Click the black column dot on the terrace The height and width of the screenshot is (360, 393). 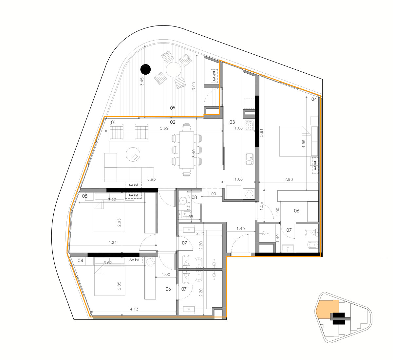[x=145, y=69]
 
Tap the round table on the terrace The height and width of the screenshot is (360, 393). [x=173, y=69]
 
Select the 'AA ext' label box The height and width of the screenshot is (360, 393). [x=214, y=76]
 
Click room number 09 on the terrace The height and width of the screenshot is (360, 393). [x=173, y=108]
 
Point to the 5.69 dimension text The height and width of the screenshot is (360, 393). [x=164, y=128]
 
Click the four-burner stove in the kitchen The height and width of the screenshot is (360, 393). [x=249, y=126]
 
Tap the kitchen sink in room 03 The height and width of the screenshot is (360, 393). [x=250, y=159]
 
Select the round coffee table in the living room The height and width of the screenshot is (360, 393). [x=133, y=154]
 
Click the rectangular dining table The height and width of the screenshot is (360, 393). [x=187, y=150]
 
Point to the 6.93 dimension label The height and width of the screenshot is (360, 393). [x=151, y=179]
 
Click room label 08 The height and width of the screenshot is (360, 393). [x=194, y=197]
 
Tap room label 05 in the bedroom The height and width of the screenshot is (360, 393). [x=84, y=196]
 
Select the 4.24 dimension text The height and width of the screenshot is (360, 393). [x=112, y=242]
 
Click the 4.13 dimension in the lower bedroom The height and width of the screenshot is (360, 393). [x=134, y=309]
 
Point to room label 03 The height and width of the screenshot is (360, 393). [x=232, y=122]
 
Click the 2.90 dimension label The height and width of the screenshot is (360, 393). [x=289, y=179]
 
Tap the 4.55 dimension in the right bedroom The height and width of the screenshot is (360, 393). [x=304, y=144]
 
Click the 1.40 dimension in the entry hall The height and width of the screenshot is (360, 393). [x=241, y=228]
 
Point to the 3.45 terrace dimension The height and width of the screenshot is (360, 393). [x=142, y=81]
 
